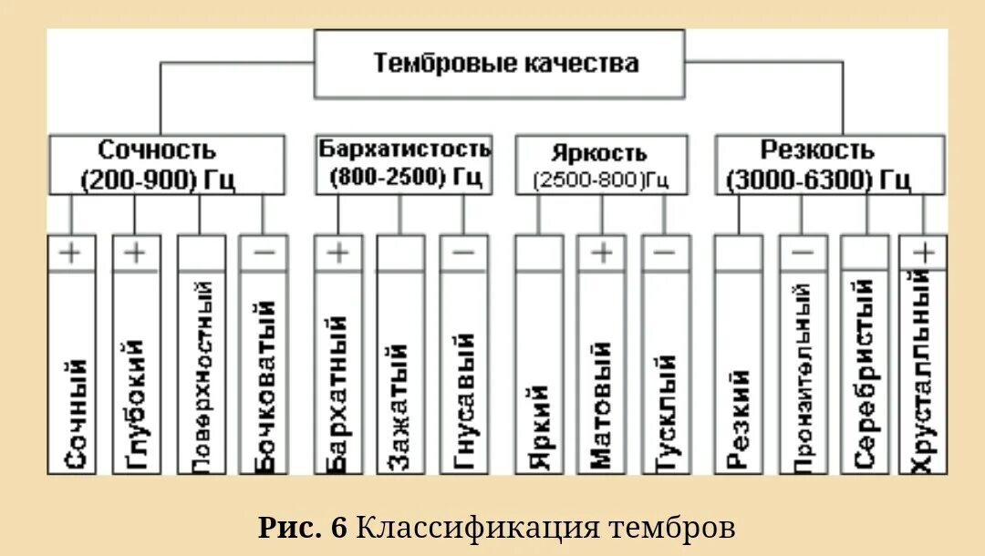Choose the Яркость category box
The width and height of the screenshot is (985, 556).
click(x=600, y=165)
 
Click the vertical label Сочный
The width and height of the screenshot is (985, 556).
click(x=78, y=415)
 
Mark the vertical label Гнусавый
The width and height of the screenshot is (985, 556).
click(x=463, y=402)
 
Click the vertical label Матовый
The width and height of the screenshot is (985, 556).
click(x=601, y=406)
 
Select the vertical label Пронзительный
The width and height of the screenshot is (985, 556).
click(x=803, y=378)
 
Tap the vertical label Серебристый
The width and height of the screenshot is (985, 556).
click(x=865, y=375)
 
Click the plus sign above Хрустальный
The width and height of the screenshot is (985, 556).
click(x=924, y=252)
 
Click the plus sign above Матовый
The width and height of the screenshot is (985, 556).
click(x=601, y=252)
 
